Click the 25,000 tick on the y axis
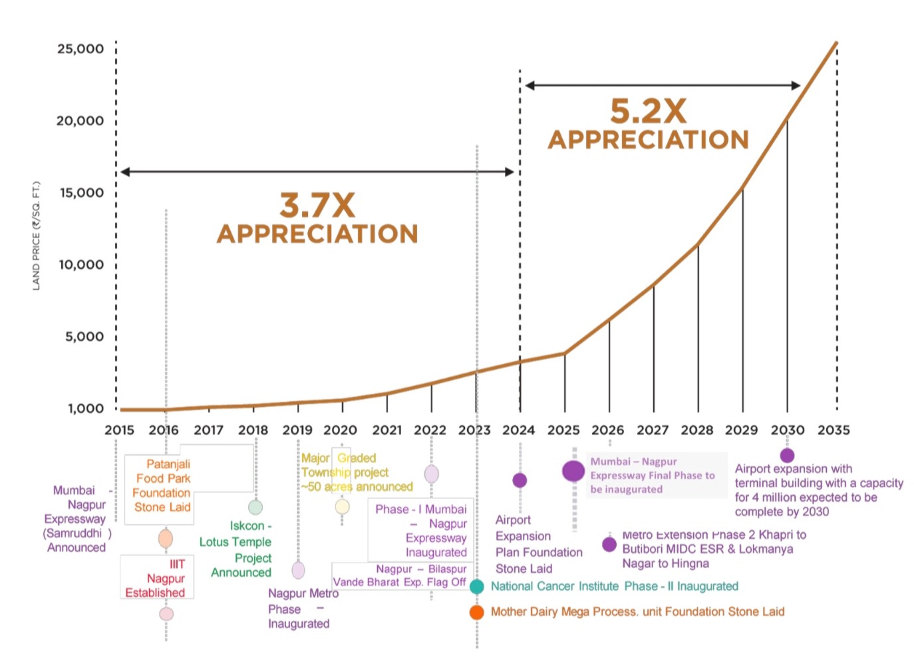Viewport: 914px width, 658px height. click(80, 49)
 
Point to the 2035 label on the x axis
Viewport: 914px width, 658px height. click(834, 430)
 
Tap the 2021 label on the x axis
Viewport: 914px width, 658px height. click(386, 430)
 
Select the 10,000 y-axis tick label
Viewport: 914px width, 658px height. click(81, 265)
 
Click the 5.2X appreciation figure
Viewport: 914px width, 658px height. click(649, 112)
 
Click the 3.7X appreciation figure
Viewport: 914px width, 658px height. click(317, 206)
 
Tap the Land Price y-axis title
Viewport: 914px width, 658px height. click(37, 236)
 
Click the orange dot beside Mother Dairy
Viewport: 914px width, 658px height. click(476, 612)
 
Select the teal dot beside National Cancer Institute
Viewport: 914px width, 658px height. click(476, 586)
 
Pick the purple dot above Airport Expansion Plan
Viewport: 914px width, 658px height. click(520, 480)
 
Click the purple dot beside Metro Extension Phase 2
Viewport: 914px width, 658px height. click(609, 544)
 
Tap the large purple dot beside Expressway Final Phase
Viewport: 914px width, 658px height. click(573, 471)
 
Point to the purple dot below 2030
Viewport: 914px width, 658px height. click(787, 455)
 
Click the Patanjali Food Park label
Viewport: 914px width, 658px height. click(162, 486)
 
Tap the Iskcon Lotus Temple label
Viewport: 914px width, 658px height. click(236, 549)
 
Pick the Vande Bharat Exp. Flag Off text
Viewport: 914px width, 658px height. click(399, 581)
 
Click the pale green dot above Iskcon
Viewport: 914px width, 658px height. click(255, 508)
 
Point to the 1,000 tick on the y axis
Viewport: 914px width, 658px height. click(86, 409)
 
